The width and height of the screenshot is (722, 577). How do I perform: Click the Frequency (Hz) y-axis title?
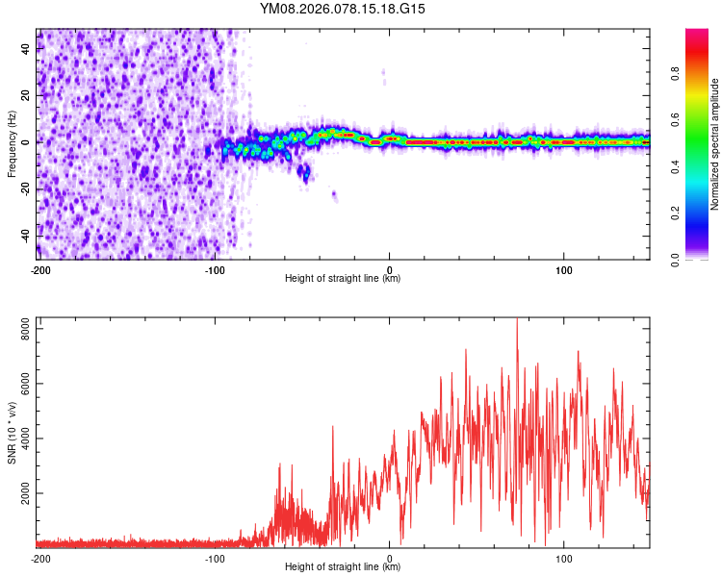(x=12, y=143)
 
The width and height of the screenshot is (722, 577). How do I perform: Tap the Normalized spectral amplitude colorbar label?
(x=714, y=145)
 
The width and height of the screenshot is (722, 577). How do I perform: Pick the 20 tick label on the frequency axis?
(x=26, y=95)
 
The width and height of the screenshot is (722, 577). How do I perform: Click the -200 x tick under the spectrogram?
(x=39, y=269)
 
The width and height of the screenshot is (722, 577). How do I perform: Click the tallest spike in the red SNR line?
(x=517, y=321)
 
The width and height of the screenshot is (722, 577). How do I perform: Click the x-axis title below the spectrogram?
(x=343, y=279)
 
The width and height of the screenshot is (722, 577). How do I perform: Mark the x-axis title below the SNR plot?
(x=343, y=567)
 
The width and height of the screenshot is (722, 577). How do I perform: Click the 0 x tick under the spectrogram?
(x=389, y=269)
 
